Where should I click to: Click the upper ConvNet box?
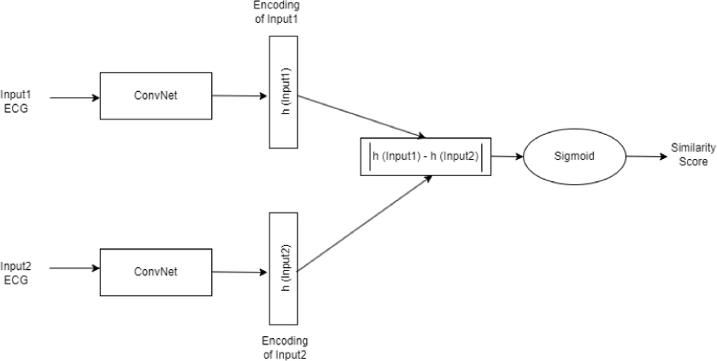156,96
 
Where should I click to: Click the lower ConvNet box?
156,272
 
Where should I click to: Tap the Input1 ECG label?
15,101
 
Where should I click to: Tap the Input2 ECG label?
15,273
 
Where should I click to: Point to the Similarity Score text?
693,155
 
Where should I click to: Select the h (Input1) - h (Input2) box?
425,157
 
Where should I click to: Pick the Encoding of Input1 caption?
276,12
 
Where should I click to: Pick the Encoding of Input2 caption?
285,348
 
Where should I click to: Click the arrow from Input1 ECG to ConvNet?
75,98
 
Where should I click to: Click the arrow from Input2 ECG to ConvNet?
75,268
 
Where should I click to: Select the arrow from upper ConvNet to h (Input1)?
239,96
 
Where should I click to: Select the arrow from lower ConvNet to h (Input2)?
239,272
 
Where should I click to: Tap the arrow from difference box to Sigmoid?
507,157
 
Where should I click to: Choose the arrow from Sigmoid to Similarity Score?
646,157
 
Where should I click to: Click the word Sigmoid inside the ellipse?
574,156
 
